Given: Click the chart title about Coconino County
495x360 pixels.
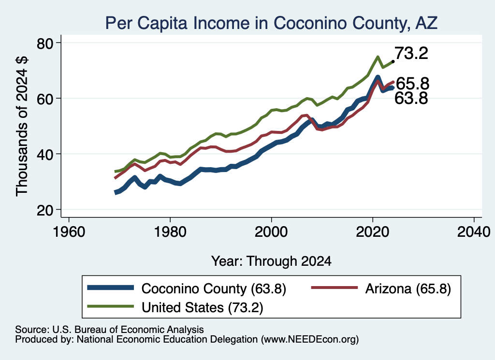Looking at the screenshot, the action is [271, 23].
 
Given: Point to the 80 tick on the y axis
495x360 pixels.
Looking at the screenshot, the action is [45, 43].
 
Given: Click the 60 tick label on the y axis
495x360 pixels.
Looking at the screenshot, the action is [45, 99].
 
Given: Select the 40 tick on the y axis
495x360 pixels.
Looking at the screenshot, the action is [45, 154].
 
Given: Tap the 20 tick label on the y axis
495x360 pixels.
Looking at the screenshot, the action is [45, 210].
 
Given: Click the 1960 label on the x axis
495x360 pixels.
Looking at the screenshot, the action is [69, 232].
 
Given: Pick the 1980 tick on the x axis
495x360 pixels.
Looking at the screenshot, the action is [170, 232].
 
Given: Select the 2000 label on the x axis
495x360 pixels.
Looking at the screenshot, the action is [272, 232].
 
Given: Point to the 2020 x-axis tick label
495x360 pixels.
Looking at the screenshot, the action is [373, 232].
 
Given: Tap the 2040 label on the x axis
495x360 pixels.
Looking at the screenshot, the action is [474, 232].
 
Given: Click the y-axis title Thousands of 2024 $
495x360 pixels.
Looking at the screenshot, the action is [22, 126].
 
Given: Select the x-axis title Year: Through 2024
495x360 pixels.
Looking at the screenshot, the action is [272, 261].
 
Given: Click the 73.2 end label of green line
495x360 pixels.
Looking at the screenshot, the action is [411, 53].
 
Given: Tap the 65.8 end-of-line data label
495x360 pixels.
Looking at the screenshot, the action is [412, 84].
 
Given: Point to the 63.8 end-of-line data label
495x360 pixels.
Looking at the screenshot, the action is [411, 98].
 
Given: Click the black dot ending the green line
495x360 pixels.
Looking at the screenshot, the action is [393, 61].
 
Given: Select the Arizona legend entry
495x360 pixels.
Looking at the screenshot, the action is [381, 288].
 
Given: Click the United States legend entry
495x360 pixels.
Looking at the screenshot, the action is [175, 307].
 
